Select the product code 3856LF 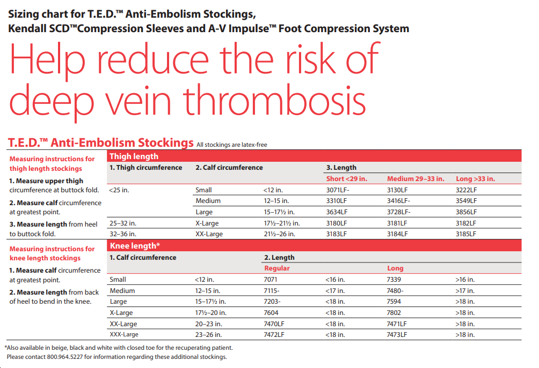(x=466, y=212)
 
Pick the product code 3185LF (x=466, y=234)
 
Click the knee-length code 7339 (x=394, y=280)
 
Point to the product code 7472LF (x=274, y=335)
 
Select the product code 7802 (x=394, y=313)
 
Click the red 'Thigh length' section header (x=134, y=156)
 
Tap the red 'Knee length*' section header (x=135, y=246)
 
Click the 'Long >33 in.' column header (x=475, y=179)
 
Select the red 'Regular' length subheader (x=277, y=268)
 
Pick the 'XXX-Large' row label (x=124, y=335)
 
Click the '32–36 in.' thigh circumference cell (x=122, y=234)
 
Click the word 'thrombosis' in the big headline (x=274, y=101)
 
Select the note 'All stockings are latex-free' (x=232, y=145)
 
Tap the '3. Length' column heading (x=341, y=168)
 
